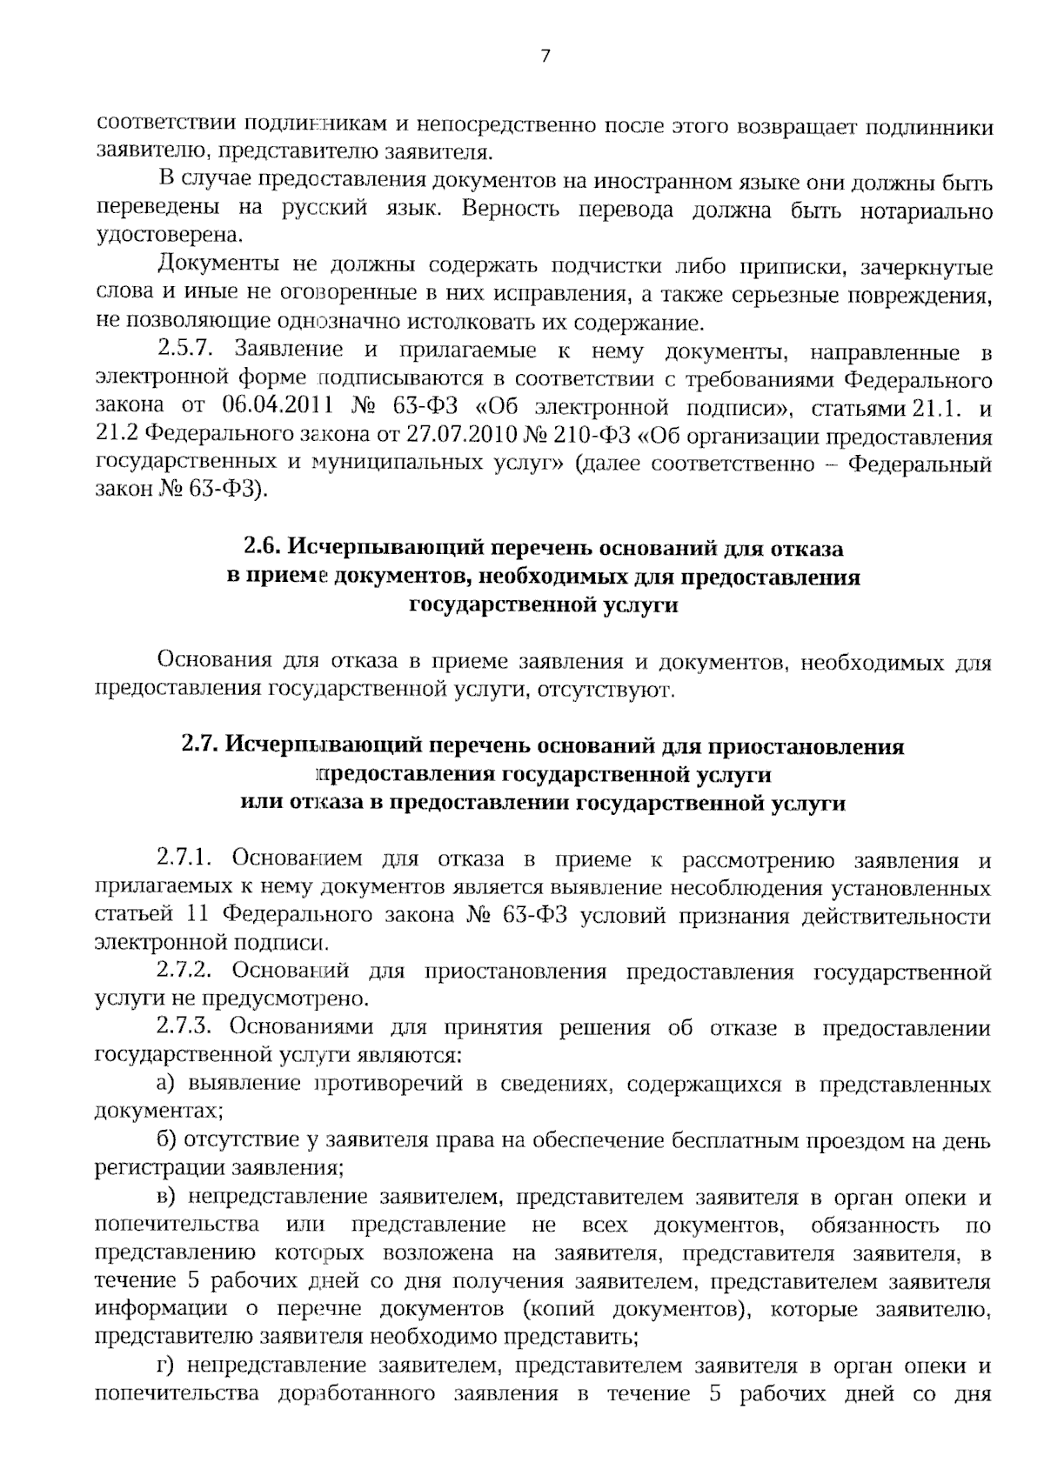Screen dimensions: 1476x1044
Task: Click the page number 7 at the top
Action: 545,57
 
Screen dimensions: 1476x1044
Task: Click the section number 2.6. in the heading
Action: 263,549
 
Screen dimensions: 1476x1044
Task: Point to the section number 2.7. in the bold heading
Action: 201,746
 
